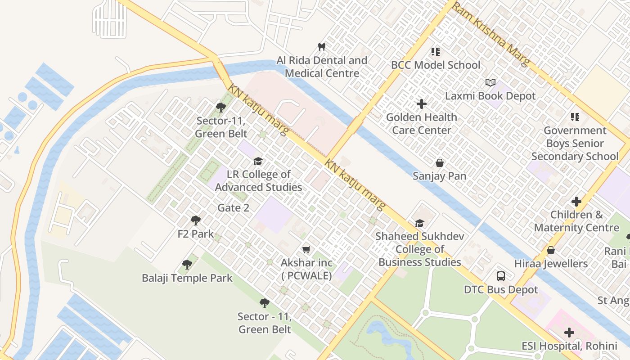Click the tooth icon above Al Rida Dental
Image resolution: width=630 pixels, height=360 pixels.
coord(322,47)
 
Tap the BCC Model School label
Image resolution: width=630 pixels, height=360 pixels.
coord(435,65)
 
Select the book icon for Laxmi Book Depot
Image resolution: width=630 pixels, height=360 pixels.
coord(490,83)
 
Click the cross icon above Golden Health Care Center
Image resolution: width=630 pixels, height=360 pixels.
coord(422,104)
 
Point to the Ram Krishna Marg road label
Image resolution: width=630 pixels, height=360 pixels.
coord(490,33)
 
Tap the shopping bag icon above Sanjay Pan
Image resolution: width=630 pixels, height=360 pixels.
coord(440,163)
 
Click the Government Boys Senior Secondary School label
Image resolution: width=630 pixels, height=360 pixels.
coord(575,144)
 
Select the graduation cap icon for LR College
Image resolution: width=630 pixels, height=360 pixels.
coord(258,161)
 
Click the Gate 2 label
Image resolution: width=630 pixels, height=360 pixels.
coord(233,208)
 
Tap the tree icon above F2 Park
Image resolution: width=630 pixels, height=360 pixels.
coord(196,220)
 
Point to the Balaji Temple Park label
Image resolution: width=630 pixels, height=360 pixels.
coord(187,278)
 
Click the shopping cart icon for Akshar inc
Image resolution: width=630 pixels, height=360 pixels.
coord(306,249)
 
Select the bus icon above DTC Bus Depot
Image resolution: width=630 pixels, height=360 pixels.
coord(501,276)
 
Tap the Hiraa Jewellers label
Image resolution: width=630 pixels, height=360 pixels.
coord(551,264)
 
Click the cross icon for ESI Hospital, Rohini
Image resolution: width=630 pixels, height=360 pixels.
coord(569,333)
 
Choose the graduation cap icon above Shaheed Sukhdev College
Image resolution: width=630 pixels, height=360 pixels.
coord(419,223)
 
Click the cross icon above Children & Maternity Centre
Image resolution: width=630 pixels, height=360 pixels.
coord(576,202)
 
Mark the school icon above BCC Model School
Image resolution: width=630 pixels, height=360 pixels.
coord(435,52)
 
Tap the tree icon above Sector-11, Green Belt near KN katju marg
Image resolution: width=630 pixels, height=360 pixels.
coord(221,107)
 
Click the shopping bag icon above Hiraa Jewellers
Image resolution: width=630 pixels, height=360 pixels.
coord(551,251)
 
